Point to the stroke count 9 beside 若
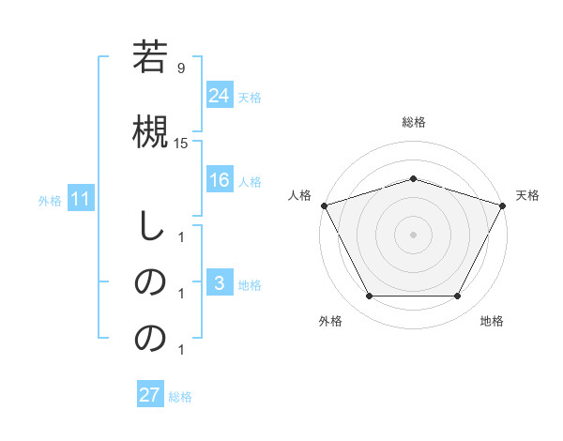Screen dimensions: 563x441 tap(181, 68)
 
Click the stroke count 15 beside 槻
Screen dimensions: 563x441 tap(181, 143)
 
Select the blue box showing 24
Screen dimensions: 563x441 tap(220, 95)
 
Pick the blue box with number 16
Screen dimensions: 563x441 tap(220, 180)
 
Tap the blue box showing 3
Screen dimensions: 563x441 tap(220, 284)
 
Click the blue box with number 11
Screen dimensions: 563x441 tap(81, 199)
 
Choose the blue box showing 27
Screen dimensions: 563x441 tap(150, 395)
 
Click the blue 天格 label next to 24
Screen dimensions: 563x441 tap(250, 97)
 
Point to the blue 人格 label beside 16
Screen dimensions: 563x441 tap(250, 181)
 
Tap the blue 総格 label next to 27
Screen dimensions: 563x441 tap(180, 397)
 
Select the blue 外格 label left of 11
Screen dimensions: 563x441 tap(50, 200)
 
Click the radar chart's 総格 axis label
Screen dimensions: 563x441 tap(413, 122)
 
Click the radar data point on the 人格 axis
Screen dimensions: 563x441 tap(324, 205)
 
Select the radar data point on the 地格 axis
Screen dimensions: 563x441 tap(458, 297)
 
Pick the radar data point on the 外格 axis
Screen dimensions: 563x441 tap(369, 297)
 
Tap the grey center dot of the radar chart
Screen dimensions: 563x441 tap(413, 234)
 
